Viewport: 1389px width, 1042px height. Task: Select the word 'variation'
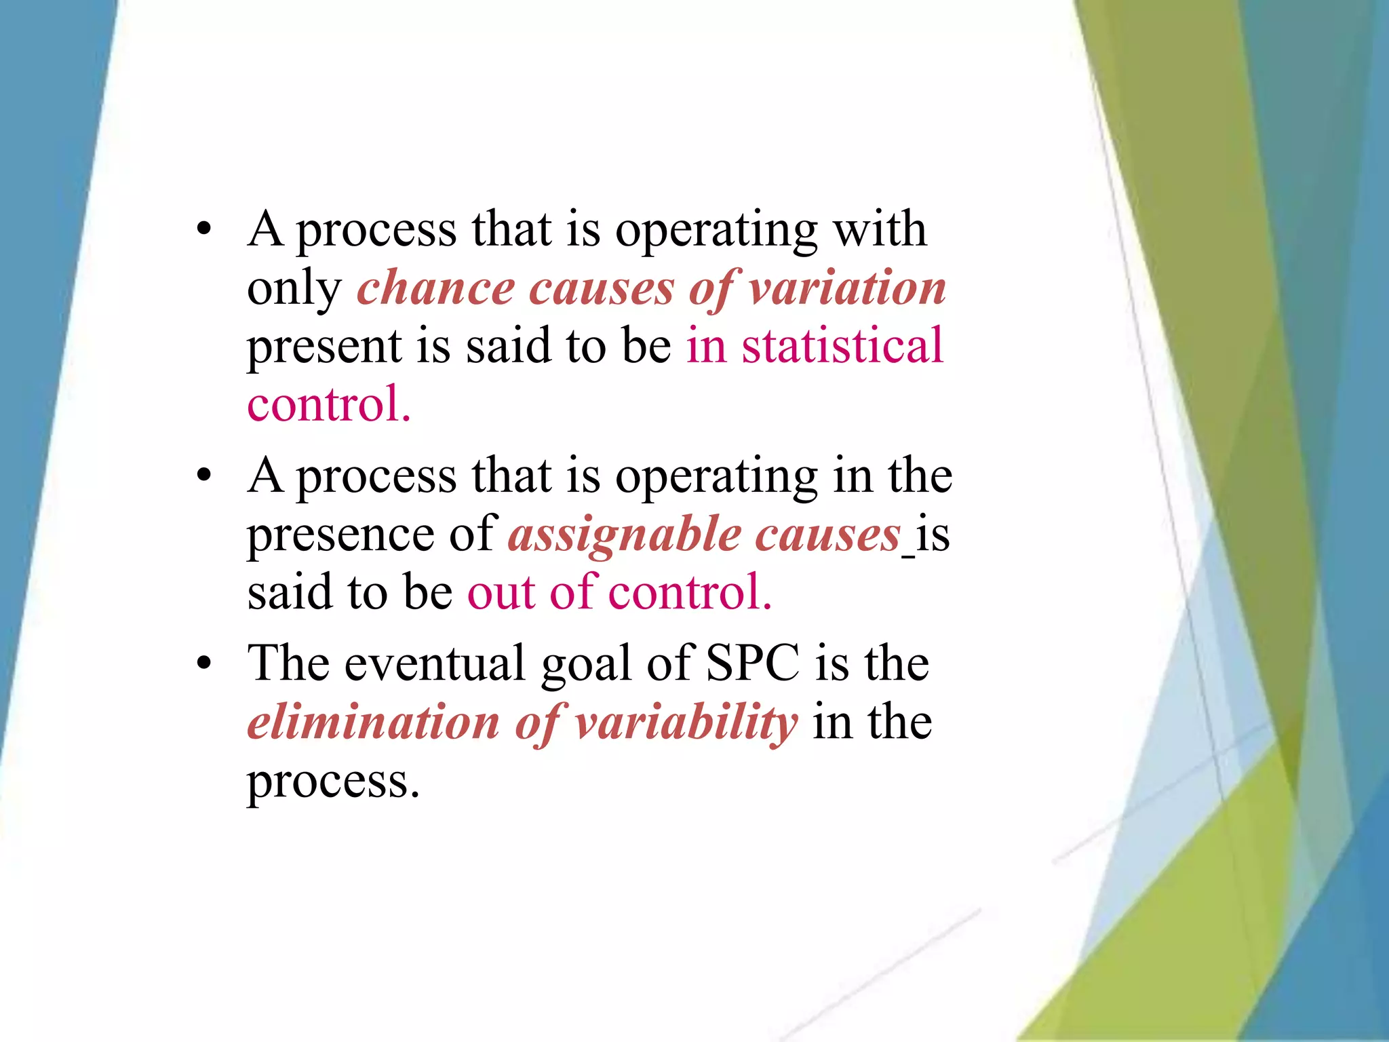[847, 288]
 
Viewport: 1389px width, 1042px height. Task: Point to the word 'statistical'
[842, 345]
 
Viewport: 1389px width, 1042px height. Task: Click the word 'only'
[294, 289]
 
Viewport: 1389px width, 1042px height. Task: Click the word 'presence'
[340, 535]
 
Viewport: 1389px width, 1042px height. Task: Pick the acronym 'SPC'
[753, 663]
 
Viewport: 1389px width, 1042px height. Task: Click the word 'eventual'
[435, 663]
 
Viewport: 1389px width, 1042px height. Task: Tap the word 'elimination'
[374, 722]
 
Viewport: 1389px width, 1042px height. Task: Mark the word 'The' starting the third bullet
[288, 663]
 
